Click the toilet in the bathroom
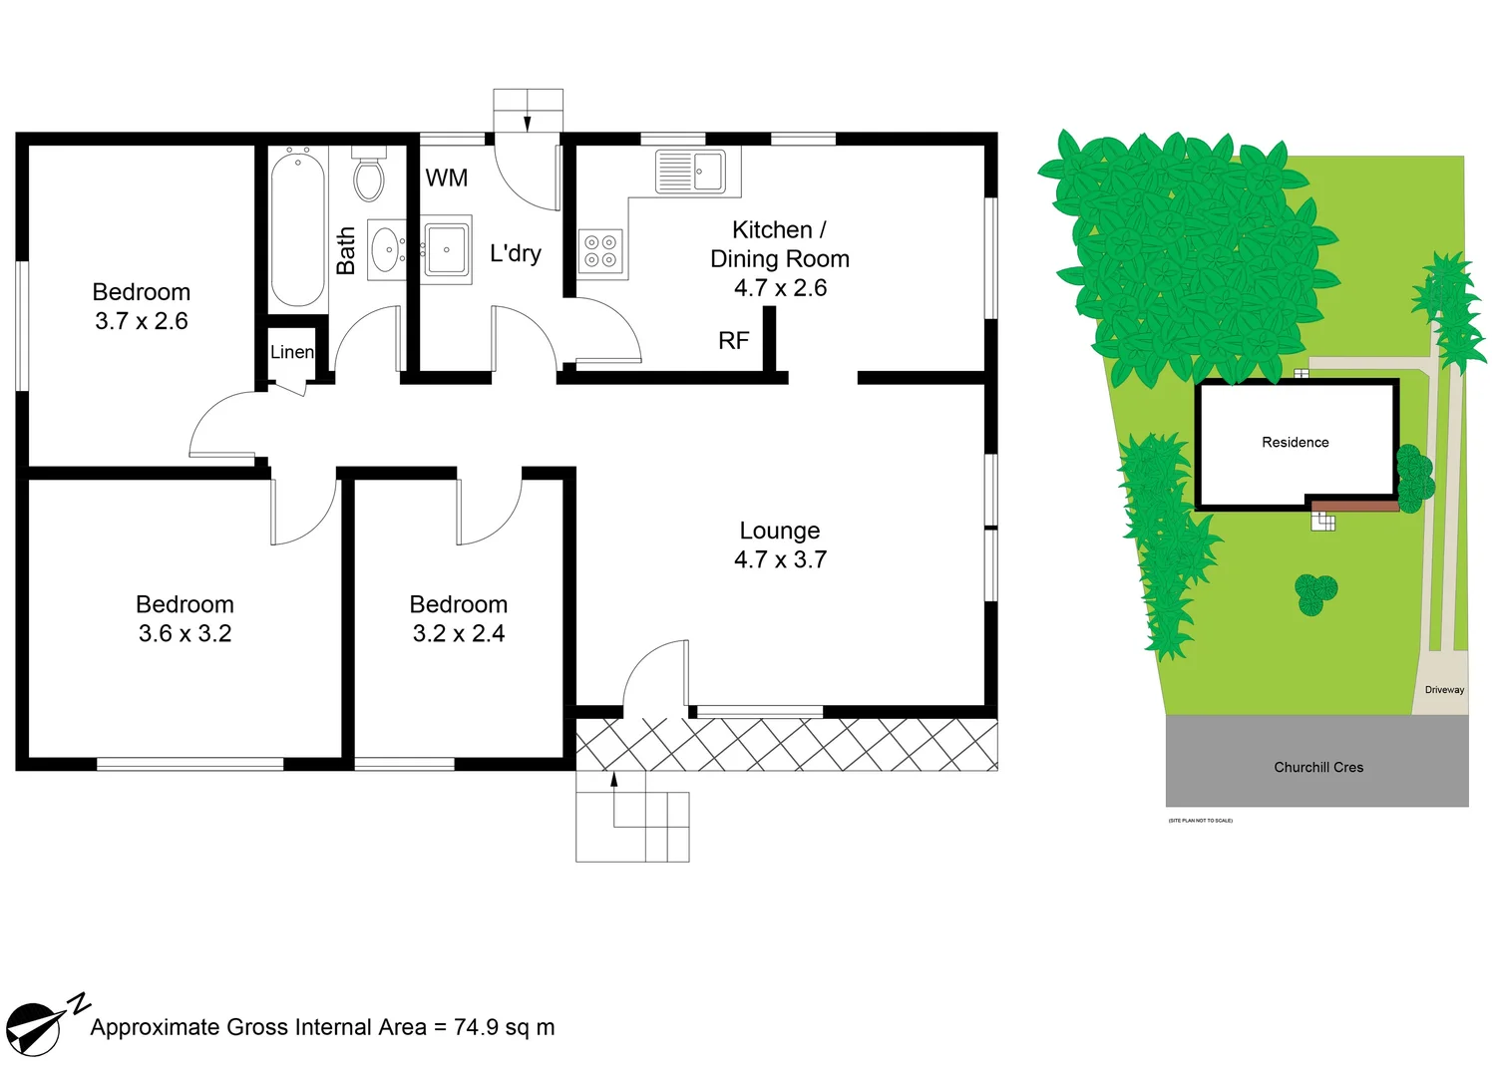(369, 177)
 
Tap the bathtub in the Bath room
(297, 227)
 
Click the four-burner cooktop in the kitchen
(599, 251)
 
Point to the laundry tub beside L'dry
(446, 249)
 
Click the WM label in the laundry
(446, 179)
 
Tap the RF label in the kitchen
(733, 341)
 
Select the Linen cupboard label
(291, 352)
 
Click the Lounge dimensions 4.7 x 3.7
(780, 560)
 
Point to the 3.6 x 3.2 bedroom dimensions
(185, 634)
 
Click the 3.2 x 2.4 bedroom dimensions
(459, 634)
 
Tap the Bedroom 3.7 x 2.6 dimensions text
(142, 321)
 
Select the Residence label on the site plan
(1295, 443)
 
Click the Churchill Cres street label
(1317, 768)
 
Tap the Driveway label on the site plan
(1443, 690)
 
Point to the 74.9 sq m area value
(504, 1028)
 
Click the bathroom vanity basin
(386, 250)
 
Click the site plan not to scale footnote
(1200, 821)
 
